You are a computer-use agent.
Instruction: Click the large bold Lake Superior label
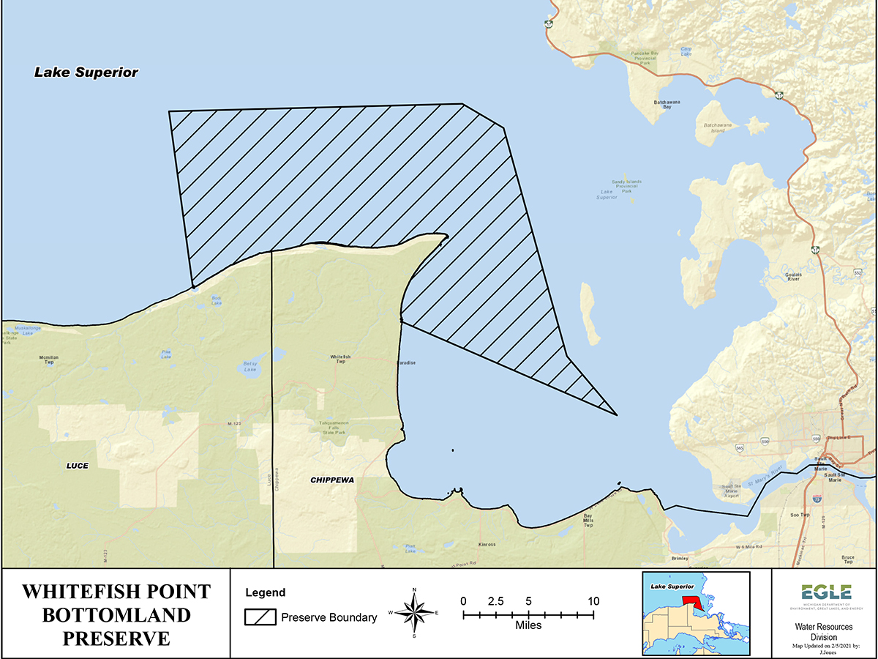tap(86, 72)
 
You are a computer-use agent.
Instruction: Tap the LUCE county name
tap(77, 465)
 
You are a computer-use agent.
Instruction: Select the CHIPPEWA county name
tap(332, 480)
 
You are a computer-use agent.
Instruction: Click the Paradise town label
tap(406, 362)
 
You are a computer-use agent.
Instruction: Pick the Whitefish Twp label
tap(340, 359)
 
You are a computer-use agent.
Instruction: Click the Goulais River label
tap(794, 277)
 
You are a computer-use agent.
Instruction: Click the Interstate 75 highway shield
tap(817, 499)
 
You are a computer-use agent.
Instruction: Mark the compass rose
tap(414, 612)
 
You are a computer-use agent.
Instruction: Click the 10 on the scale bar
tap(593, 601)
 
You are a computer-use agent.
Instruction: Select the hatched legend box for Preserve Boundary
tap(260, 617)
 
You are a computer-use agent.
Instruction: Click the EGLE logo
tap(825, 592)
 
